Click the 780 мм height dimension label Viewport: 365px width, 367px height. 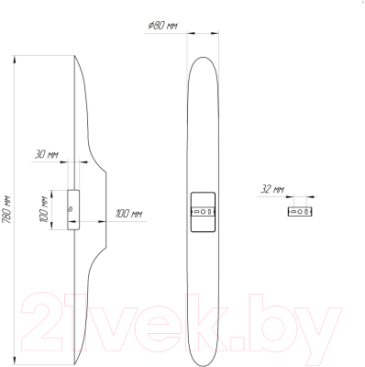(7, 210)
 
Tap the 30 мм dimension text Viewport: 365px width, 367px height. (47, 154)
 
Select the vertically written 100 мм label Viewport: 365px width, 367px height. (44, 209)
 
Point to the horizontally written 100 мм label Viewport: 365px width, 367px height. (128, 214)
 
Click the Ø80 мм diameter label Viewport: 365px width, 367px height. (162, 26)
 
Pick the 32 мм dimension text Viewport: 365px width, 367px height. (272, 189)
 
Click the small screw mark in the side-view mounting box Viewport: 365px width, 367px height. (71, 209)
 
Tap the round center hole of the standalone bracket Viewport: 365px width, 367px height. (300, 211)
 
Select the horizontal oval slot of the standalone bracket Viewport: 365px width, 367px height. (293, 211)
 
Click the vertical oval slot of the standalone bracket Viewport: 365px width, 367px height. (306, 211)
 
